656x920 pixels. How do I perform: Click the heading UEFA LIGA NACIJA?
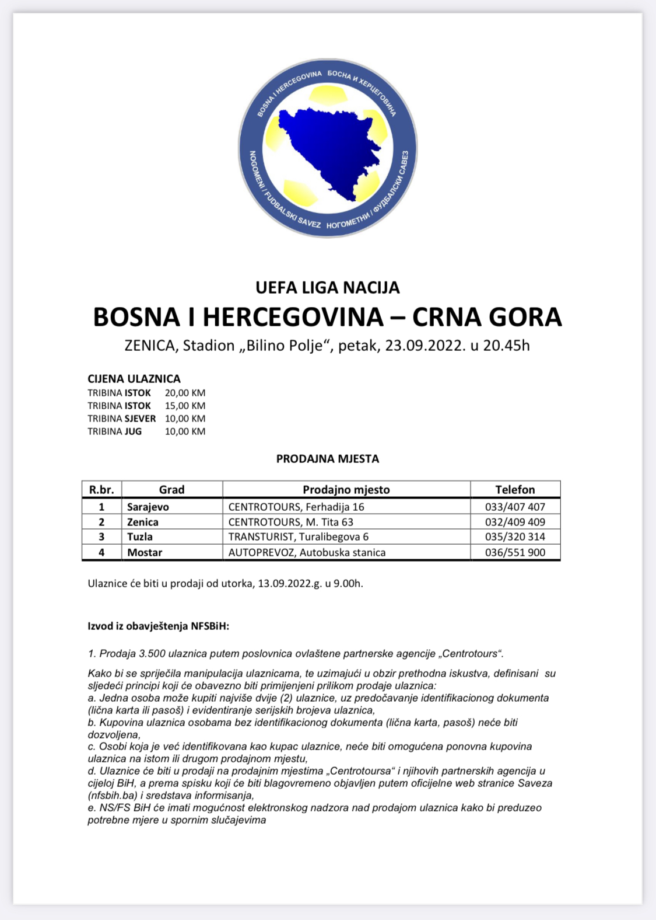pyautogui.click(x=328, y=288)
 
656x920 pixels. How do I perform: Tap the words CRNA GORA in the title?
pyautogui.click(x=487, y=317)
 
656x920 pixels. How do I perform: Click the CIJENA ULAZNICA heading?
pyautogui.click(x=134, y=379)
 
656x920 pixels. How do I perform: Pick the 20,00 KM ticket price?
pyautogui.click(x=185, y=393)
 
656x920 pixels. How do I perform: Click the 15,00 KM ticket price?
pyautogui.click(x=185, y=406)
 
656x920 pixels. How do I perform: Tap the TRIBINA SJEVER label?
pyautogui.click(x=122, y=419)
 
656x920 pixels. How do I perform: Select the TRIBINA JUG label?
pyautogui.click(x=115, y=432)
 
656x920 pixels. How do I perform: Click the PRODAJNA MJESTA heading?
pyautogui.click(x=328, y=459)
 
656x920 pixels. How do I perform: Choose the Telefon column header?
pyautogui.click(x=515, y=490)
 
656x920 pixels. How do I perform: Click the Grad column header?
pyautogui.click(x=171, y=490)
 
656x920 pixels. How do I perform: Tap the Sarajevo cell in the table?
pyautogui.click(x=148, y=507)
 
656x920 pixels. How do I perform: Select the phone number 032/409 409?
pyautogui.click(x=515, y=522)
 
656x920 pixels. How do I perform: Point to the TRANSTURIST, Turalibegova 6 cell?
pyautogui.click(x=299, y=537)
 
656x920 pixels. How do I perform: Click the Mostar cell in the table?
pyautogui.click(x=145, y=552)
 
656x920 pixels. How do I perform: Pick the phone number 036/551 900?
pyautogui.click(x=515, y=552)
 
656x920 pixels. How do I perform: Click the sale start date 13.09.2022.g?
pyautogui.click(x=290, y=584)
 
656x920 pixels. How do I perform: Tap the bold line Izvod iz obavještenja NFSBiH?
pyautogui.click(x=159, y=626)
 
